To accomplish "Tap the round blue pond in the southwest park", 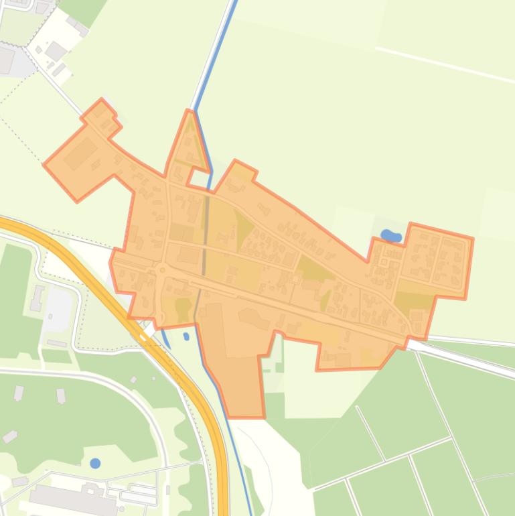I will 95,463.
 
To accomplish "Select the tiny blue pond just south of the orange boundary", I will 186,336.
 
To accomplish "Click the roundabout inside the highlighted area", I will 162,270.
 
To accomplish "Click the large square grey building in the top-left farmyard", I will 56,50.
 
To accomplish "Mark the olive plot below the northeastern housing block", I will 415,296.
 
